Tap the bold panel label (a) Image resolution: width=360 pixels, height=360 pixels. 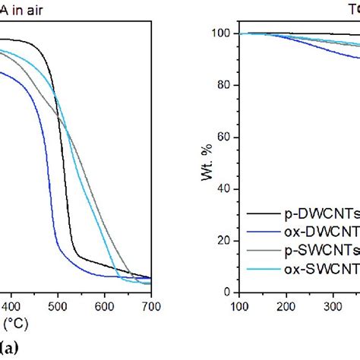click(x=10, y=349)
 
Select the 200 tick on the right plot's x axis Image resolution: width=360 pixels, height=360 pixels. click(x=286, y=306)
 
